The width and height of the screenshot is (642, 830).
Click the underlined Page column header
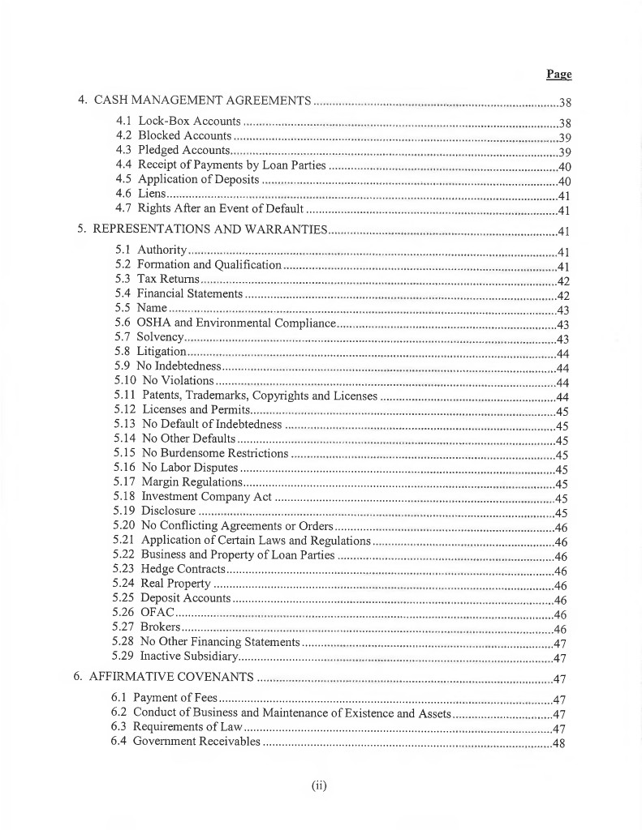[x=558, y=74]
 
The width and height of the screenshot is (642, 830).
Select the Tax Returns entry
[x=168, y=279]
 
